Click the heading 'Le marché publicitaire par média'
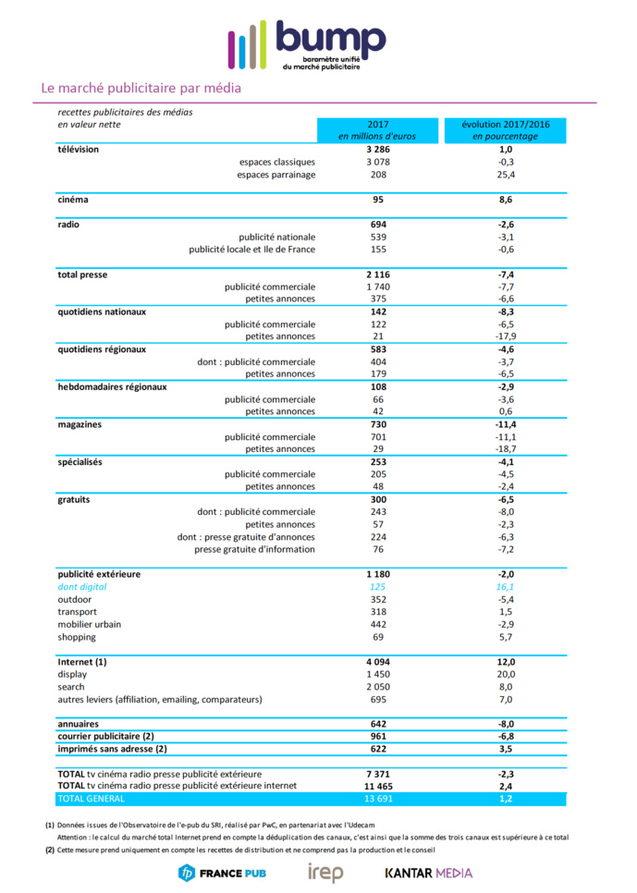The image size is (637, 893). tap(141, 89)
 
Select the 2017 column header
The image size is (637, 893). tap(377, 129)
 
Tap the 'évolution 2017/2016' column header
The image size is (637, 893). tap(505, 129)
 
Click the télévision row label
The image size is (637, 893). tap(79, 149)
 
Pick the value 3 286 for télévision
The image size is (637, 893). tap(377, 149)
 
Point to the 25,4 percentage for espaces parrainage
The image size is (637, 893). tap(505, 175)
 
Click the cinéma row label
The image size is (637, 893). tap(73, 199)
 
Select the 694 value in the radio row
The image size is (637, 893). tap(377, 225)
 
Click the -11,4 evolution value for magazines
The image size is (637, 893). tap(505, 424)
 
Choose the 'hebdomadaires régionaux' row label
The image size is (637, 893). tap(112, 386)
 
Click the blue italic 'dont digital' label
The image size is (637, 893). tap(82, 587)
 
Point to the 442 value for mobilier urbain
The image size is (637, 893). tap(377, 624)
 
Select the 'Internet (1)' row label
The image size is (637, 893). tap(82, 662)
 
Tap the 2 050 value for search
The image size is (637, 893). tap(377, 687)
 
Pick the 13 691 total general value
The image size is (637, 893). tap(377, 798)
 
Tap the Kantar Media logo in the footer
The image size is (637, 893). tap(428, 872)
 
